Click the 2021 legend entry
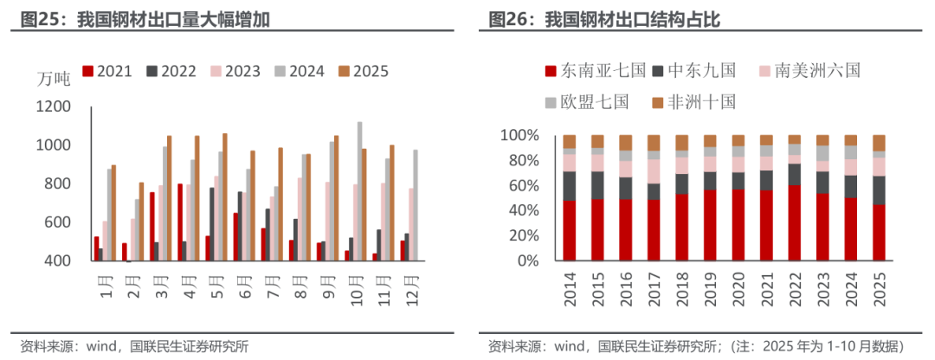107,72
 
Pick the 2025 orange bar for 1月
113,212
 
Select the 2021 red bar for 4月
179,222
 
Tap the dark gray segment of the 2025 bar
879,190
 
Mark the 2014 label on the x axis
570,290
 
